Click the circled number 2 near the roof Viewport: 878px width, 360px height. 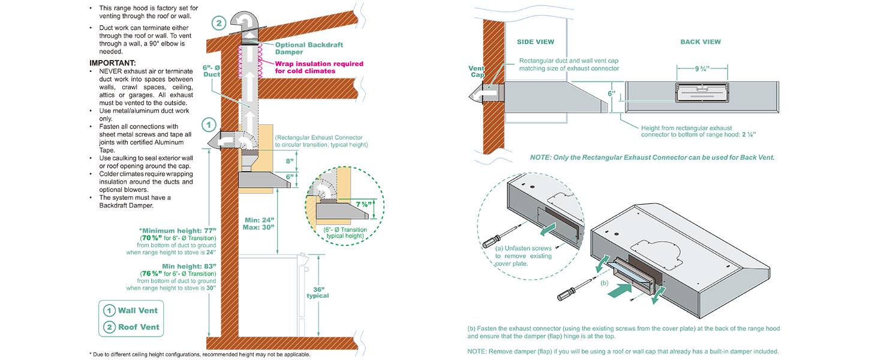point(220,25)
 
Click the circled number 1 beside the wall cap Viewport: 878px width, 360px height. point(209,125)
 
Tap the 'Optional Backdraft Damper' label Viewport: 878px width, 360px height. point(309,49)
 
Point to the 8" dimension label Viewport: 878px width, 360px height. point(290,161)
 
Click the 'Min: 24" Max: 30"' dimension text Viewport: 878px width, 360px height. point(260,223)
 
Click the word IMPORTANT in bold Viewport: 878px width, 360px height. point(113,63)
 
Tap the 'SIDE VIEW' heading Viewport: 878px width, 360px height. point(536,42)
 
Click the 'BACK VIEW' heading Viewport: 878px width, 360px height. point(700,42)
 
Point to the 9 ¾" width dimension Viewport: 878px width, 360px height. point(702,69)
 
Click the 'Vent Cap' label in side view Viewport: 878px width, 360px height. point(477,72)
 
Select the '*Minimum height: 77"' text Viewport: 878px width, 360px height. point(177,230)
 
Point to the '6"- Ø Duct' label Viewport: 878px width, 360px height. point(212,71)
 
